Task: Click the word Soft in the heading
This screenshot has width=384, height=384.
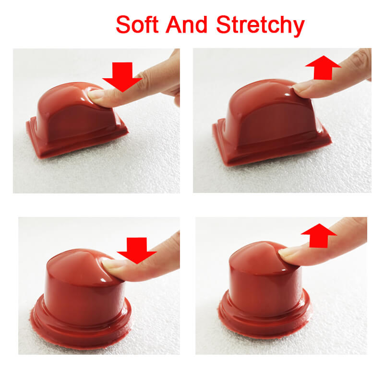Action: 137,24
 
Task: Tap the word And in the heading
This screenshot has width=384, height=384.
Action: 187,24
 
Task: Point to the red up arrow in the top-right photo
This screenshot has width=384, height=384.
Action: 323,67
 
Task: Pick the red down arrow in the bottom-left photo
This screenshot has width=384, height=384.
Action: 137,251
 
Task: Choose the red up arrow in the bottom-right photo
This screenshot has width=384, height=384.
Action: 319,236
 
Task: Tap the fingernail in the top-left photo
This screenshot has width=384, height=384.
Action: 96,95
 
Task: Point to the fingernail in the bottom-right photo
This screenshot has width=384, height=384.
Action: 286,253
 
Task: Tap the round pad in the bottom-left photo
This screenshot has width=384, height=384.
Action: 81,299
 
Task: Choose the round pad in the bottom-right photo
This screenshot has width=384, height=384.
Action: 264,289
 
